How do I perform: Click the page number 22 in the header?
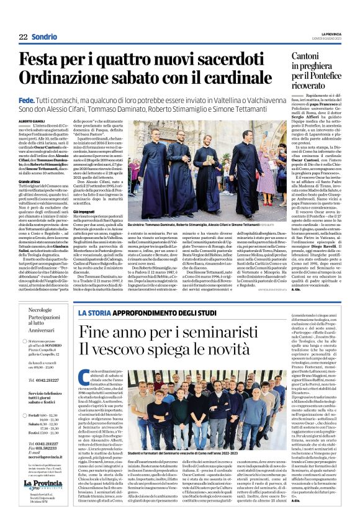tap(23, 37)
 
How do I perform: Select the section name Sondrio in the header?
tap(45, 37)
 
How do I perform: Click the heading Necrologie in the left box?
tap(40, 309)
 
